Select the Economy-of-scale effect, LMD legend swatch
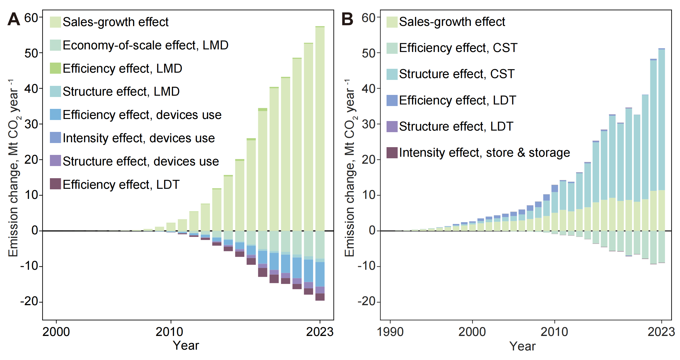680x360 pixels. [55, 45]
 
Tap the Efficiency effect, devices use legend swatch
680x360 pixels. [55, 115]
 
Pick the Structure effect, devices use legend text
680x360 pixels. [141, 161]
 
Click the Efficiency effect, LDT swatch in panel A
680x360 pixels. [55, 184]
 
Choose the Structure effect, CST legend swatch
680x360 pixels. [392, 74]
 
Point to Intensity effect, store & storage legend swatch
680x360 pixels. [392, 153]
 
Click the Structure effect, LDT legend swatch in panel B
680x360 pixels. [392, 126]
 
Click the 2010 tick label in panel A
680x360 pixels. [169, 332]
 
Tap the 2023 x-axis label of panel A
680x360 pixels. [320, 332]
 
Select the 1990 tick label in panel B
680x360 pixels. [390, 332]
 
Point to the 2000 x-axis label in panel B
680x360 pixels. [472, 332]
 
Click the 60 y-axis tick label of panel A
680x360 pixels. [31, 18]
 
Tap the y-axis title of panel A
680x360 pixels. [13, 168]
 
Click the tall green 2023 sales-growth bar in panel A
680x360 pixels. [320, 127]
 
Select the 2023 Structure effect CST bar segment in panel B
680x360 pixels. [661, 119]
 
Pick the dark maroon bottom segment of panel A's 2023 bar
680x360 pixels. [320, 297]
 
